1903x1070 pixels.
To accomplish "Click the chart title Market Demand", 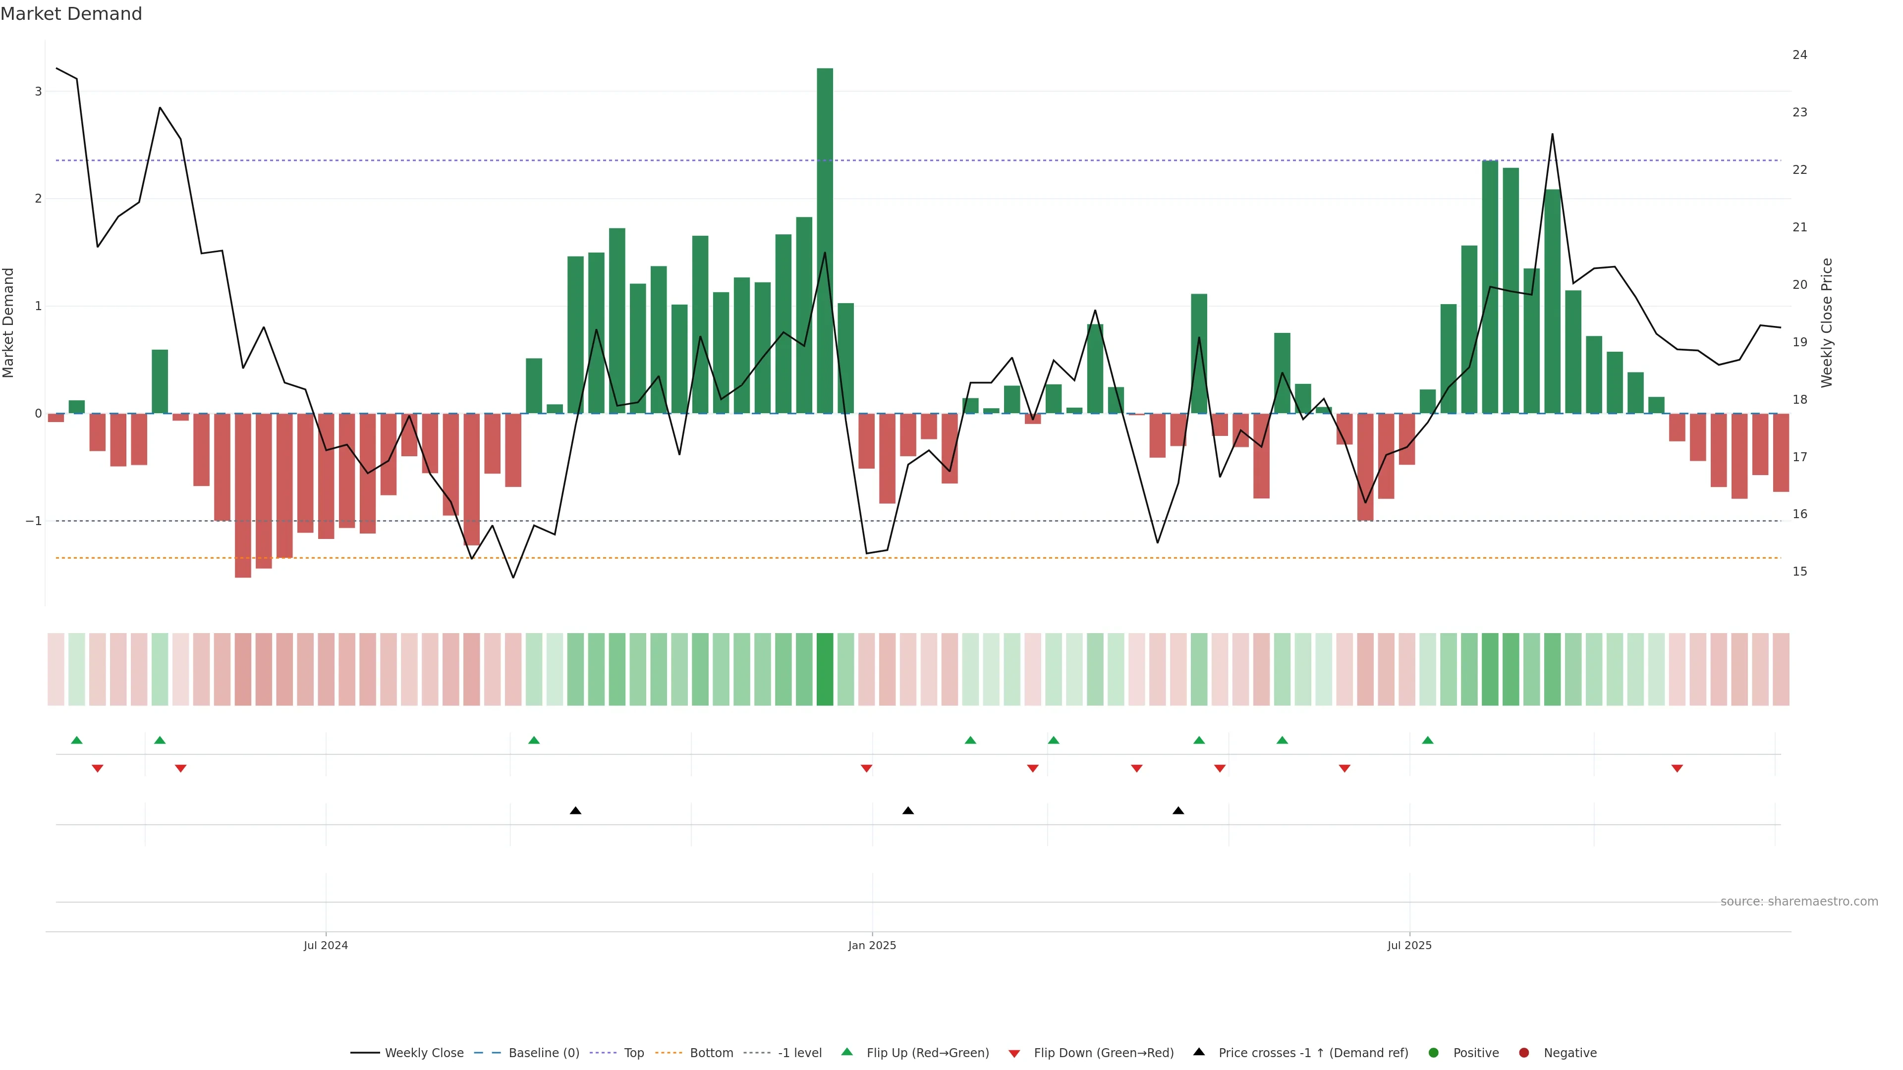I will pyautogui.click(x=71, y=14).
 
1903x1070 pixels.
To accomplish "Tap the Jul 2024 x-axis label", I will pyautogui.click(x=325, y=945).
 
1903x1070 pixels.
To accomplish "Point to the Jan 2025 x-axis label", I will pyautogui.click(x=872, y=945).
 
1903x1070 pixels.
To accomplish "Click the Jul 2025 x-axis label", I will pyautogui.click(x=1409, y=945).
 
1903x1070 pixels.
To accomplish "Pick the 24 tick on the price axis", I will pyautogui.click(x=1799, y=54).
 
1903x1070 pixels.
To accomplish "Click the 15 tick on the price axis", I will pyautogui.click(x=1799, y=572).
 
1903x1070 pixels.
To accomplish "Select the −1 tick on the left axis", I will pyautogui.click(x=33, y=521).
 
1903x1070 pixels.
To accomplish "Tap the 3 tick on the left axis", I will pyautogui.click(x=38, y=92).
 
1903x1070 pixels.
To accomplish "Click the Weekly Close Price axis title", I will pyautogui.click(x=1827, y=322).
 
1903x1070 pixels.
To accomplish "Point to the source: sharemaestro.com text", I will pyautogui.click(x=1799, y=902).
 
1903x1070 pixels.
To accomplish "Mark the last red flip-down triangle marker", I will pyautogui.click(x=1677, y=769).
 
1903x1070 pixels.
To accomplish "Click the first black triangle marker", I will pyautogui.click(x=575, y=811).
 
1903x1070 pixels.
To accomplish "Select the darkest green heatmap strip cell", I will pyautogui.click(x=825, y=669).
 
